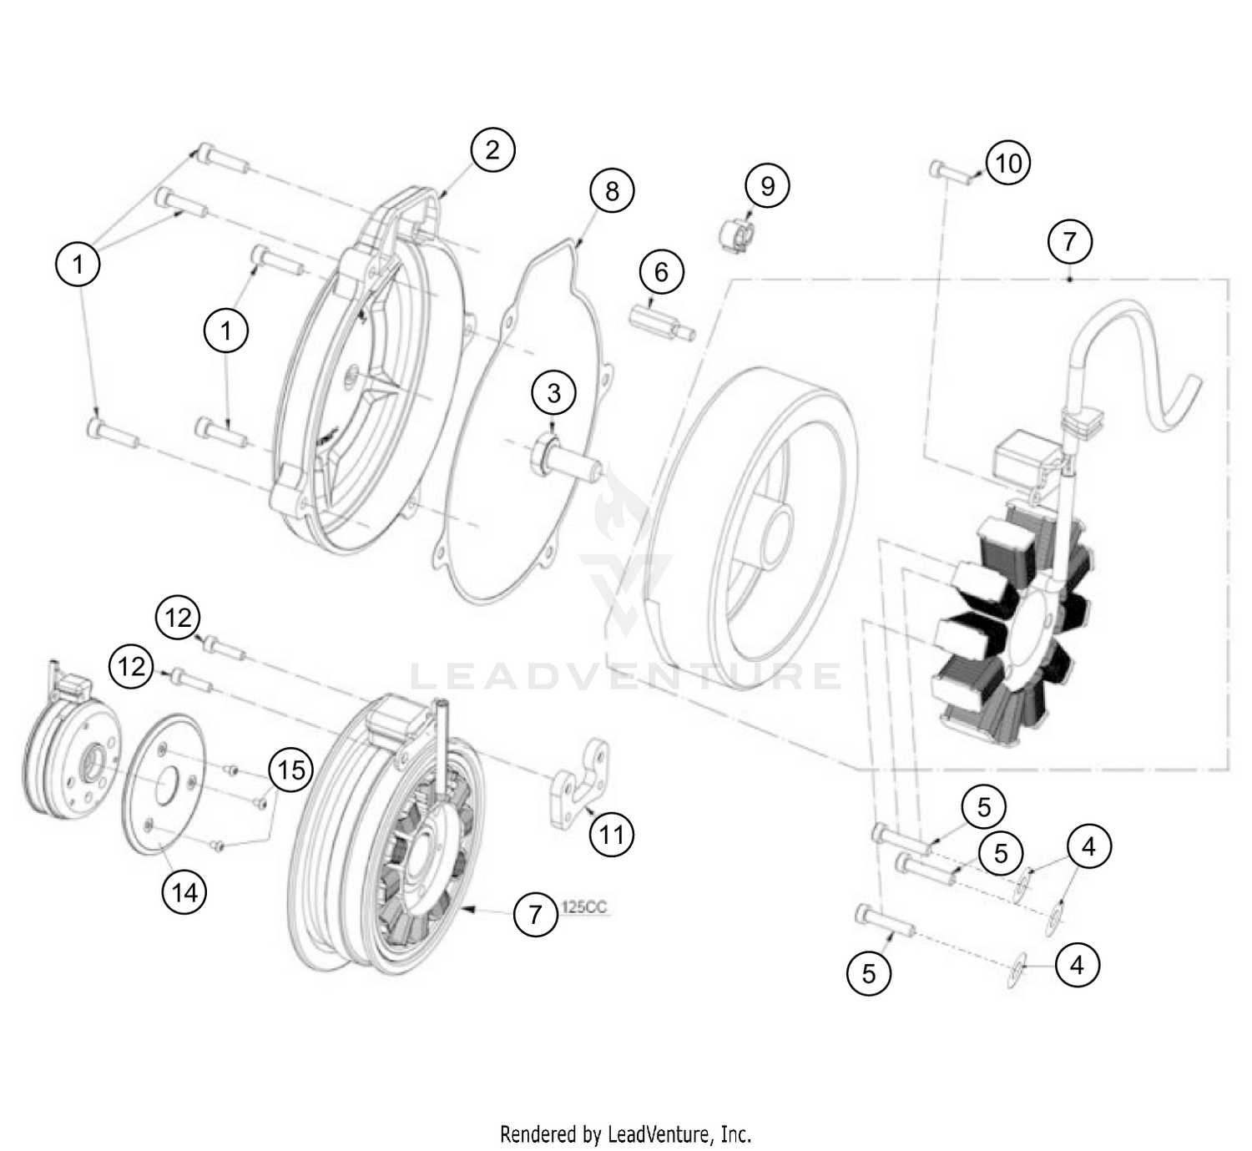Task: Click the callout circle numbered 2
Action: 492,149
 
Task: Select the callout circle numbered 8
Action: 612,191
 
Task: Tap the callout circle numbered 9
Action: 767,185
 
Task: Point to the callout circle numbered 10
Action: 1008,163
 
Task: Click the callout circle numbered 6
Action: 661,272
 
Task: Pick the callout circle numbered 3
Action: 554,392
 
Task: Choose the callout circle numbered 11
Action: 611,834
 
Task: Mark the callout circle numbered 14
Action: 184,892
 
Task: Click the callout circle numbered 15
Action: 290,769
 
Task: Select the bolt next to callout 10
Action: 951,173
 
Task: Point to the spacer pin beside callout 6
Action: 661,324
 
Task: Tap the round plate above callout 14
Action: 163,783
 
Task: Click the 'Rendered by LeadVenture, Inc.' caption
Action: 625,1134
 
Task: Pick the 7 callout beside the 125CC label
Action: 535,914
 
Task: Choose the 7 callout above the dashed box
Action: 1069,241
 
